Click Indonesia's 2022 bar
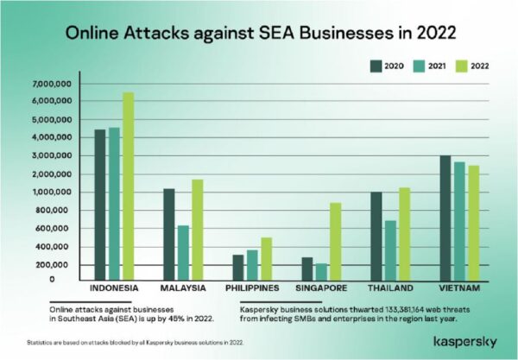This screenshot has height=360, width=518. pos(129,186)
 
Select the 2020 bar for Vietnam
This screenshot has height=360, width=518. pos(445,218)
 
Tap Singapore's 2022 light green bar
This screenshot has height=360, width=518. pos(336,242)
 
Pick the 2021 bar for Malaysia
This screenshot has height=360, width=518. pos(183,253)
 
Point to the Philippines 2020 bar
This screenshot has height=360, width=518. pos(238,268)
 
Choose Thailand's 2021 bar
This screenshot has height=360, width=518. pos(390,250)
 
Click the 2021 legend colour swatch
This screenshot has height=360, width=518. pos(419,66)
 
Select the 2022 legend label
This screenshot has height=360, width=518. pos(480,66)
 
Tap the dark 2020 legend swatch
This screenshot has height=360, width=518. pos(376,66)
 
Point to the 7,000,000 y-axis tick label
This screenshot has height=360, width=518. pos(52,84)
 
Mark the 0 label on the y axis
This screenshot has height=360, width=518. pos(52,280)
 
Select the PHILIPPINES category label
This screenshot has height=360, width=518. pos(252,288)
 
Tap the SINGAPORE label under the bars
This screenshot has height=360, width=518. pos(321,288)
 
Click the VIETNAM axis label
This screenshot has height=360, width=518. pos(459,288)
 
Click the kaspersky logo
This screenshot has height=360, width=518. pos(465,342)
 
